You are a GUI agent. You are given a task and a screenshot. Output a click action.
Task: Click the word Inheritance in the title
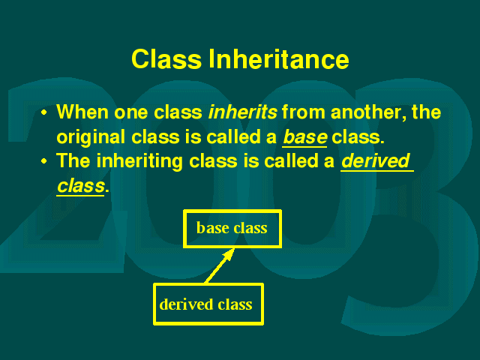(279, 59)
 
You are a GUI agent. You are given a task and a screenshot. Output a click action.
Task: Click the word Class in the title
(166, 59)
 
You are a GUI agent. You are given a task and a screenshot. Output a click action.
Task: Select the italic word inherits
(243, 112)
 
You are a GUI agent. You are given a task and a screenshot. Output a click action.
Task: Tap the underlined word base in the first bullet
(305, 136)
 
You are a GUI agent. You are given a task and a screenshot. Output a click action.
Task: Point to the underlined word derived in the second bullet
(376, 160)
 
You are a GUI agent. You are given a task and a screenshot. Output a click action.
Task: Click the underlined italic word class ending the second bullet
(81, 186)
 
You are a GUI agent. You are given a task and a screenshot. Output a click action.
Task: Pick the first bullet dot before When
(44, 112)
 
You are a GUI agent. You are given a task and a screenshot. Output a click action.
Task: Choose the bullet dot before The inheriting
(44, 161)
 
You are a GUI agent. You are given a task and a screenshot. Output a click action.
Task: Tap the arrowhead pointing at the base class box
(229, 255)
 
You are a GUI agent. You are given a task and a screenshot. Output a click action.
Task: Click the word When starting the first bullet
(82, 112)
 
